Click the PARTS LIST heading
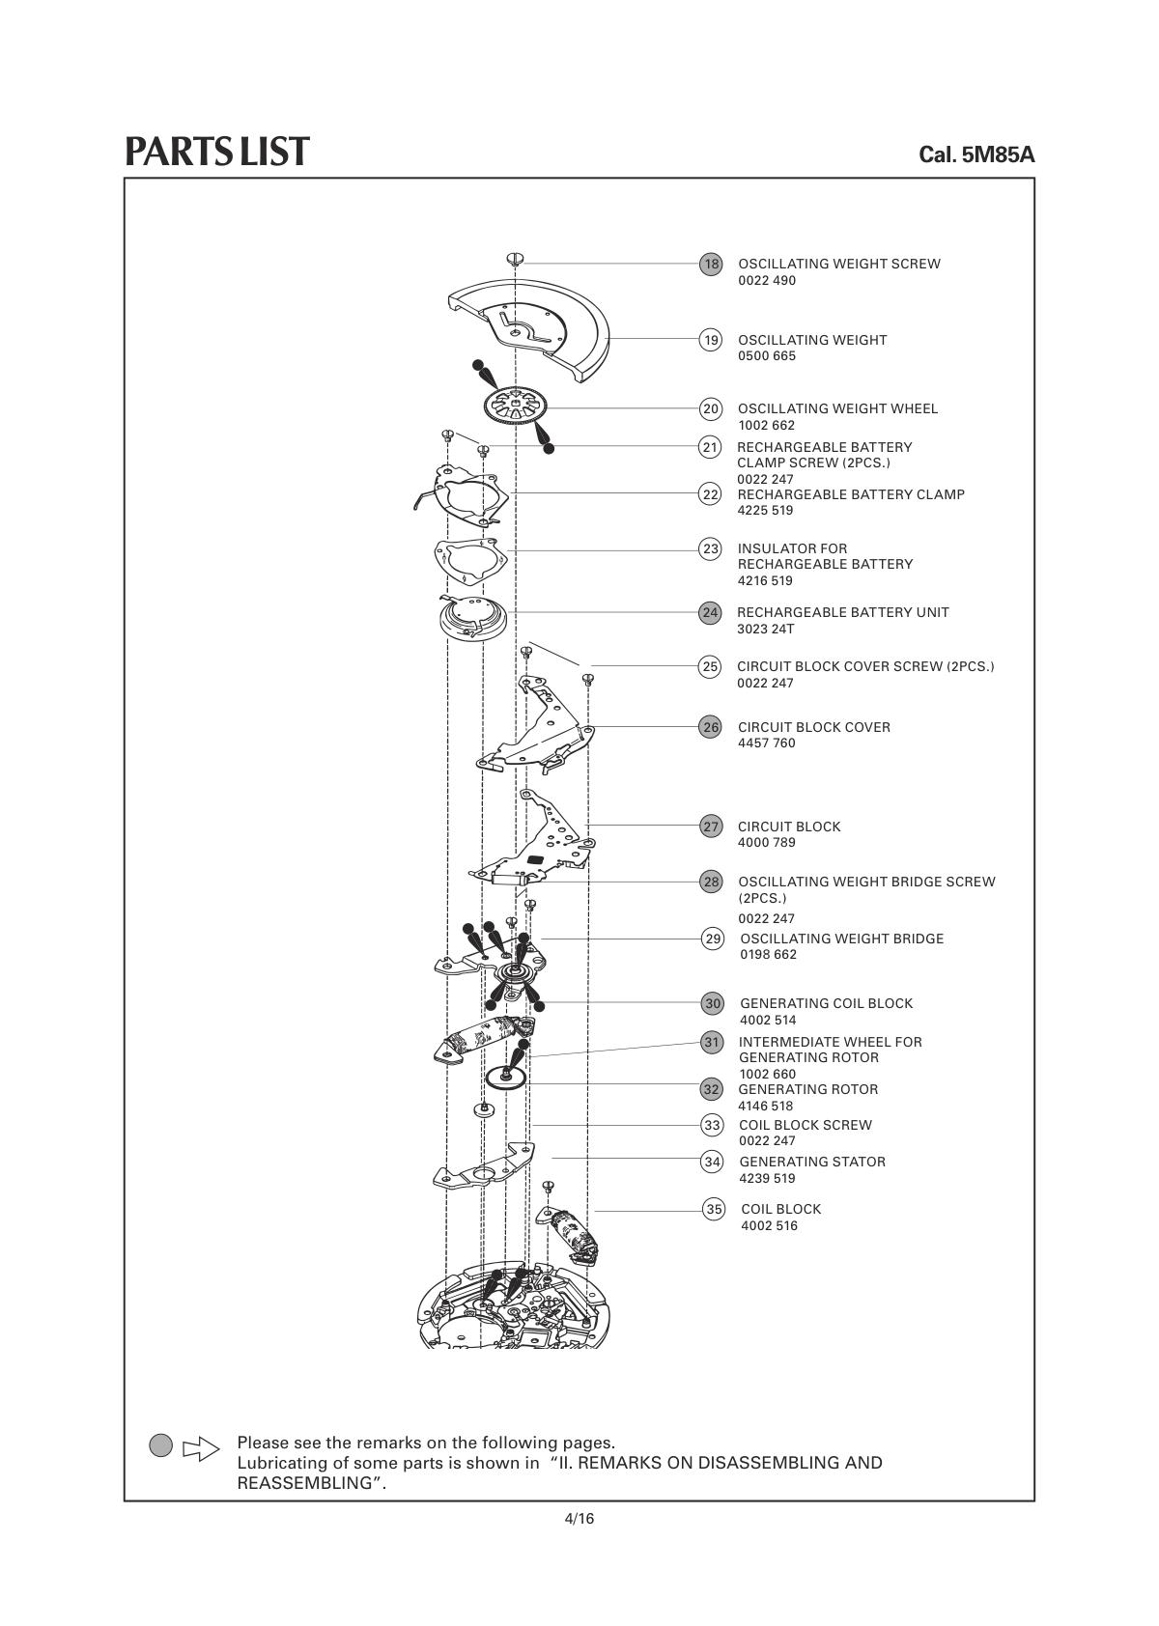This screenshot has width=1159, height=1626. click(x=217, y=152)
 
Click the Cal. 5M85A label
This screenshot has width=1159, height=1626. click(x=976, y=154)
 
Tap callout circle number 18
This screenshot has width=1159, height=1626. click(x=711, y=264)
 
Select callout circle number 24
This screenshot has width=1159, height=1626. click(x=711, y=612)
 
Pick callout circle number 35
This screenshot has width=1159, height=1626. click(x=714, y=1209)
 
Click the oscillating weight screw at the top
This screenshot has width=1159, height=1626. click(x=515, y=258)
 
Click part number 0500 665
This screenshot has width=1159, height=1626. click(x=767, y=356)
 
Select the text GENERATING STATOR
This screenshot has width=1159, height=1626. click(x=812, y=1162)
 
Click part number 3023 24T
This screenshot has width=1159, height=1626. click(x=765, y=630)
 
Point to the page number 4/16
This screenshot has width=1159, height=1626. click(x=579, y=1519)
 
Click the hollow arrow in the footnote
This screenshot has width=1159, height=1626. click(x=201, y=1448)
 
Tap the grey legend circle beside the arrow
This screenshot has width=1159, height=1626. click(x=161, y=1445)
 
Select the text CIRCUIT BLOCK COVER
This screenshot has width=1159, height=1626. click(x=813, y=727)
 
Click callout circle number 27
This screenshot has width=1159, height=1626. click(x=712, y=827)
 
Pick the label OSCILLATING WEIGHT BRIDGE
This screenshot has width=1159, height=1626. click(x=841, y=939)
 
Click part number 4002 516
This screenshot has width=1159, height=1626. click(x=769, y=1226)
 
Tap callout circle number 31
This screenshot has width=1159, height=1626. click(x=713, y=1042)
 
